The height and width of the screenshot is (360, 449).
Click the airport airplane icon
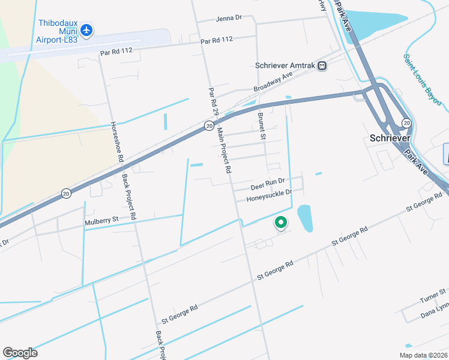(86, 29)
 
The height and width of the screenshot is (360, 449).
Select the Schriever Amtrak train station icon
(322, 66)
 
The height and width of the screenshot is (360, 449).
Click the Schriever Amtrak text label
(285, 66)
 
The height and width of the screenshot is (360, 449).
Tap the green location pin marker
(280, 223)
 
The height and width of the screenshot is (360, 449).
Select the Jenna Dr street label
(228, 19)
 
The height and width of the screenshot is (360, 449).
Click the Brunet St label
(261, 126)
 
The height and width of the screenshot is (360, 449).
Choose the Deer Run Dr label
(267, 180)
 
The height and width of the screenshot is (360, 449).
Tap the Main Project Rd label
(224, 150)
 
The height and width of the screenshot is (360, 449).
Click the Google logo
(20, 352)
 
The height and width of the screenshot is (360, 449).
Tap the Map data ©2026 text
(423, 355)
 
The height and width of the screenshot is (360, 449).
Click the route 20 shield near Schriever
(406, 123)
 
